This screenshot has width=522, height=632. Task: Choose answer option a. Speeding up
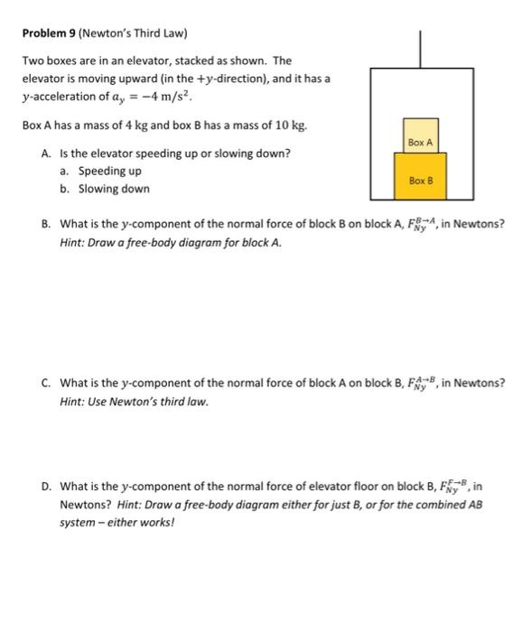109,171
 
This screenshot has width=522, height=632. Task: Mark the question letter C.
45,382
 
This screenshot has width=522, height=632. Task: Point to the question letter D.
45,488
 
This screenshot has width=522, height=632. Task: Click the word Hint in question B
71,241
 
